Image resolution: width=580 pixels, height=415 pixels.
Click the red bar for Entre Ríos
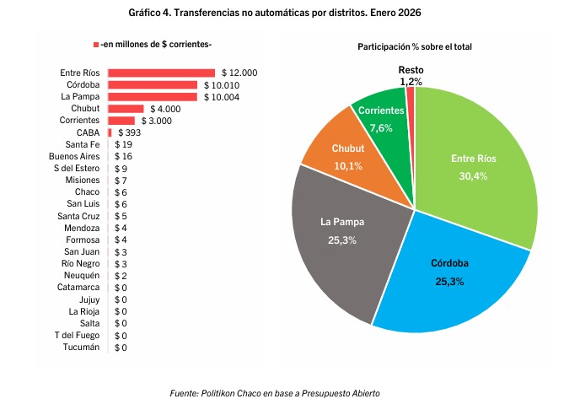pos(160,73)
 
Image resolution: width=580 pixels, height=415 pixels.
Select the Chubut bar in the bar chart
pos(125,109)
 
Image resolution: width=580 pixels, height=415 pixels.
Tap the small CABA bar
pos(110,132)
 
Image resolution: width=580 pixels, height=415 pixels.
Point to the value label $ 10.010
pos(222,85)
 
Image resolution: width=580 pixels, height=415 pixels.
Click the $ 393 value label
pos(131,132)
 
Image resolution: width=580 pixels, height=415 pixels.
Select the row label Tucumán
pos(82,348)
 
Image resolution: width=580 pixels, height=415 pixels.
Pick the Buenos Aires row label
pos(75,157)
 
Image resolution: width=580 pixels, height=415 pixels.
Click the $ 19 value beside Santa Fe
pos(123,145)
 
